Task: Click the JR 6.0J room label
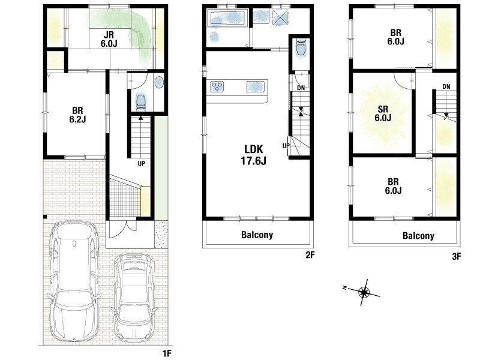click(109, 39)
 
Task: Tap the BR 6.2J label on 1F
click(77, 115)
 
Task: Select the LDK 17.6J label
click(253, 155)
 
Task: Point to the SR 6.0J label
click(383, 113)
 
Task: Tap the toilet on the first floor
click(141, 101)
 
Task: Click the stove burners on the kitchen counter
click(217, 86)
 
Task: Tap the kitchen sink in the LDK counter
click(256, 86)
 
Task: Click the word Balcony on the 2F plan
click(257, 235)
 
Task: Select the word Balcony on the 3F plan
click(418, 236)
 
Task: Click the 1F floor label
click(167, 353)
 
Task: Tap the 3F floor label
click(456, 257)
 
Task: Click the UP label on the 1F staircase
click(141, 164)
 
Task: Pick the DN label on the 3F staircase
click(446, 86)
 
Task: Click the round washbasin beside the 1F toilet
click(159, 83)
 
